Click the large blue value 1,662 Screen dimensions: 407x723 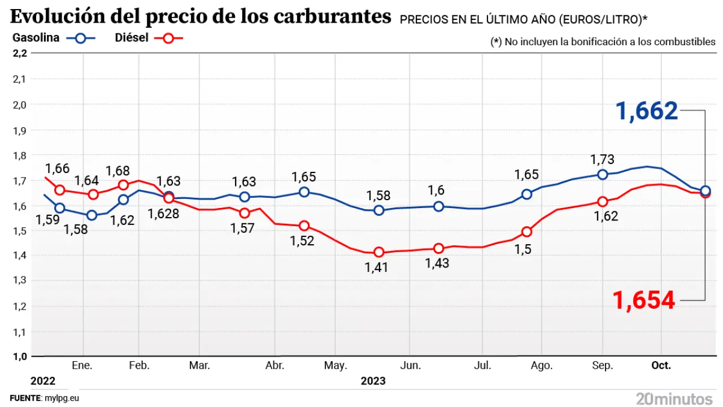pyautogui.click(x=647, y=111)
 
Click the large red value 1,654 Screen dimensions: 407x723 pyautogui.click(x=644, y=300)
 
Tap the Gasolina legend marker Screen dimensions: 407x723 pyautogui.click(x=81, y=38)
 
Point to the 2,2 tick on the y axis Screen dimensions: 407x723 pyautogui.click(x=19, y=53)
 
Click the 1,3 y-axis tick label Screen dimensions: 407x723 pyautogui.click(x=19, y=281)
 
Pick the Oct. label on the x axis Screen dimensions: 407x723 pyautogui.click(x=661, y=366)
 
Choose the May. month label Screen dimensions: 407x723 pyautogui.click(x=335, y=366)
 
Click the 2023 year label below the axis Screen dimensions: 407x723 pyautogui.click(x=373, y=381)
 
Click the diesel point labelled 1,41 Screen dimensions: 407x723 pyautogui.click(x=379, y=252)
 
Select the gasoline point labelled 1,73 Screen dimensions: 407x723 pyautogui.click(x=603, y=175)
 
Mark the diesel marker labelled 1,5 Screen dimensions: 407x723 pyautogui.click(x=527, y=232)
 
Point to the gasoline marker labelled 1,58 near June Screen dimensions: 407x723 pyautogui.click(x=379, y=210)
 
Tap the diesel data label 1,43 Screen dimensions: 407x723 pyautogui.click(x=438, y=265)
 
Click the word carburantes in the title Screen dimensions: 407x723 pyautogui.click(x=333, y=17)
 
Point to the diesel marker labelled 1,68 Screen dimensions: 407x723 pyautogui.click(x=123, y=185)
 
